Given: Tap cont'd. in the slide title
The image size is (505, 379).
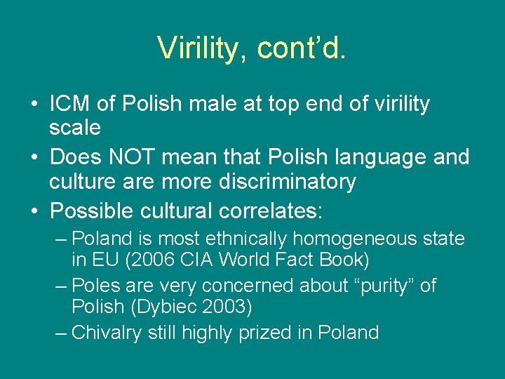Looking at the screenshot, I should [x=302, y=48].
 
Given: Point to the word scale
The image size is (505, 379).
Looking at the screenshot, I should [x=74, y=128].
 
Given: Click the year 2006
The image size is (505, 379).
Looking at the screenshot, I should [x=149, y=259].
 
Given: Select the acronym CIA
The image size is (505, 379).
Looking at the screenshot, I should [x=194, y=259].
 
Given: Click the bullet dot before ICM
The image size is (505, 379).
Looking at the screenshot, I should [x=34, y=105].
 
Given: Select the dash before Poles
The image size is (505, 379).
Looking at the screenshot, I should [x=61, y=286].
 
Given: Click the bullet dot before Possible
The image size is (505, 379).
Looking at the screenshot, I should [x=34, y=210].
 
